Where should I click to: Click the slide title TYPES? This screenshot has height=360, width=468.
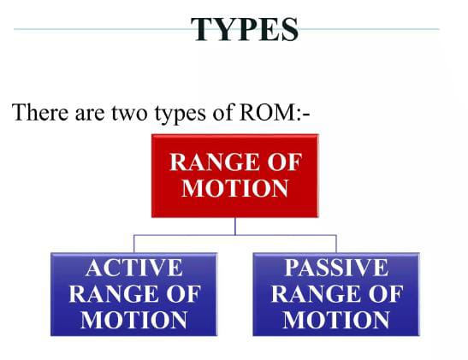(245, 29)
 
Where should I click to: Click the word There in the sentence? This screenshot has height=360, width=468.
(40, 112)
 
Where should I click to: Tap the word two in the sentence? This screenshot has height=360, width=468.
(129, 113)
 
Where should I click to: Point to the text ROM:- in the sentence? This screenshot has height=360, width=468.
(275, 112)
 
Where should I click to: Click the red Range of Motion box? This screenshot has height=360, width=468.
(235, 175)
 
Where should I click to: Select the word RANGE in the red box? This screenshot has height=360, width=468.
(214, 162)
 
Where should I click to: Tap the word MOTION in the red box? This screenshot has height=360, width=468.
(235, 188)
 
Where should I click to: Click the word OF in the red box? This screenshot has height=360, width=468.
(284, 162)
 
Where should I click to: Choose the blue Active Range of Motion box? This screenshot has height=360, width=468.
(133, 294)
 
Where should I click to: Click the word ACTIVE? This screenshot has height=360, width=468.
(133, 268)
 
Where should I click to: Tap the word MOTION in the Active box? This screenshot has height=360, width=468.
(133, 320)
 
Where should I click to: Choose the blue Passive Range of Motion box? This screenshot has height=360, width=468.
(336, 294)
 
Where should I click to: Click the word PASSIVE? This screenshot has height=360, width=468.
(336, 268)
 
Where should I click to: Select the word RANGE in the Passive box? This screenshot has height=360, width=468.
(315, 294)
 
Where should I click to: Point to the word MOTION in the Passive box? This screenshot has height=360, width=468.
(336, 320)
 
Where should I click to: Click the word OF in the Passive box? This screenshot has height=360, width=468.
(386, 294)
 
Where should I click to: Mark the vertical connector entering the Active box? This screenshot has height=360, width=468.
(134, 244)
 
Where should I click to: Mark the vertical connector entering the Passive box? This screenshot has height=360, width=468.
(336, 244)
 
